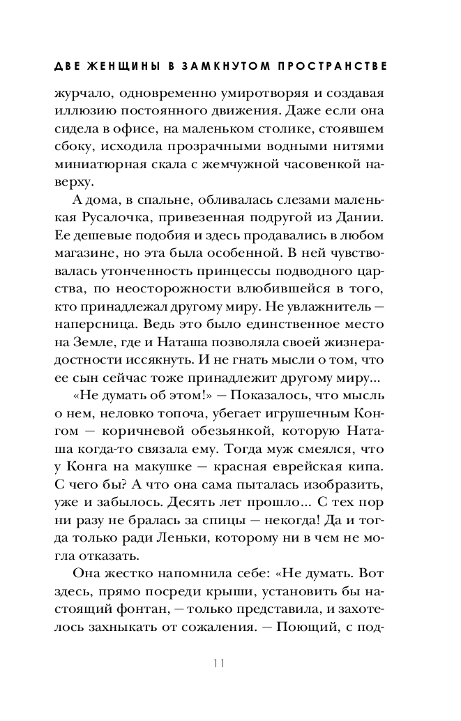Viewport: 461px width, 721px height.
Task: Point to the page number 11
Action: [x=218, y=664]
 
